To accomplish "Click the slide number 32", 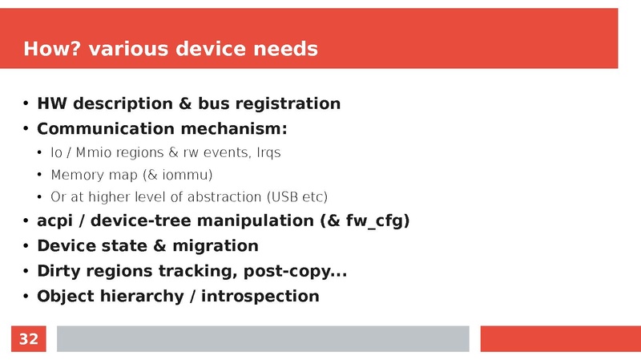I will pyautogui.click(x=28, y=339).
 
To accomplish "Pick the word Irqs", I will pyautogui.click(x=266, y=152).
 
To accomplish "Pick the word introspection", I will pyautogui.click(x=260, y=297).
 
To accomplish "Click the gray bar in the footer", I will pyautogui.click(x=263, y=339).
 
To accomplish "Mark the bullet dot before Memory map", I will pyautogui.click(x=41, y=175).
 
